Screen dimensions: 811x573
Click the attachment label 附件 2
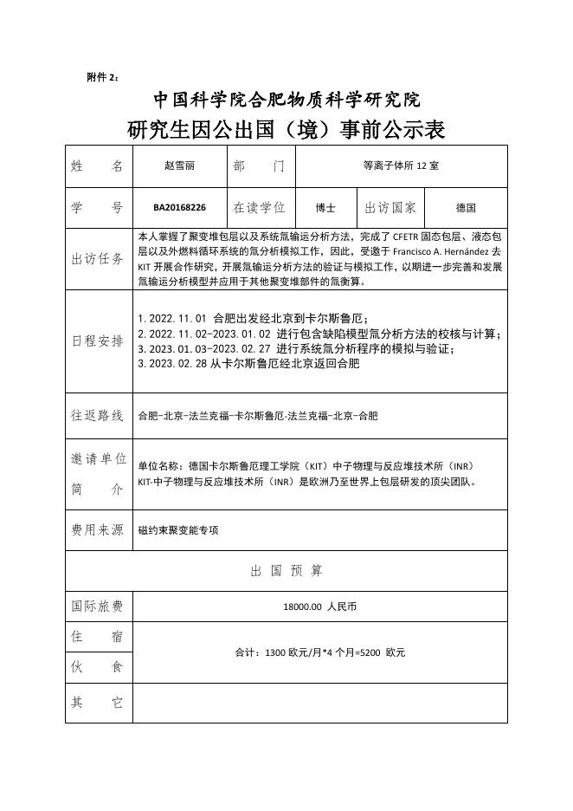click(x=103, y=77)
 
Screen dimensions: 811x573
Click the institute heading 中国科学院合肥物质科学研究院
click(x=286, y=100)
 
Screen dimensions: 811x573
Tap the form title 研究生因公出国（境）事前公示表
click(x=286, y=130)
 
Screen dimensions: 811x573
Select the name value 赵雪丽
click(x=180, y=165)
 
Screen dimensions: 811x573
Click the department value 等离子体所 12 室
click(x=401, y=165)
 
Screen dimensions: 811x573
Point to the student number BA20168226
click(x=180, y=208)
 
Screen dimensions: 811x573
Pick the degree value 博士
click(x=325, y=208)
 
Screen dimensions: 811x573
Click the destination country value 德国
click(x=466, y=208)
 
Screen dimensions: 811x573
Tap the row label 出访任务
click(x=98, y=258)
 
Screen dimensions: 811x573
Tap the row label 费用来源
click(x=98, y=529)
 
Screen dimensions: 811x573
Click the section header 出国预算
click(x=286, y=571)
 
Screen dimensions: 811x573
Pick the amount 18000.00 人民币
click(x=319, y=607)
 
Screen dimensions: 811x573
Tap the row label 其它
click(x=98, y=702)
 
